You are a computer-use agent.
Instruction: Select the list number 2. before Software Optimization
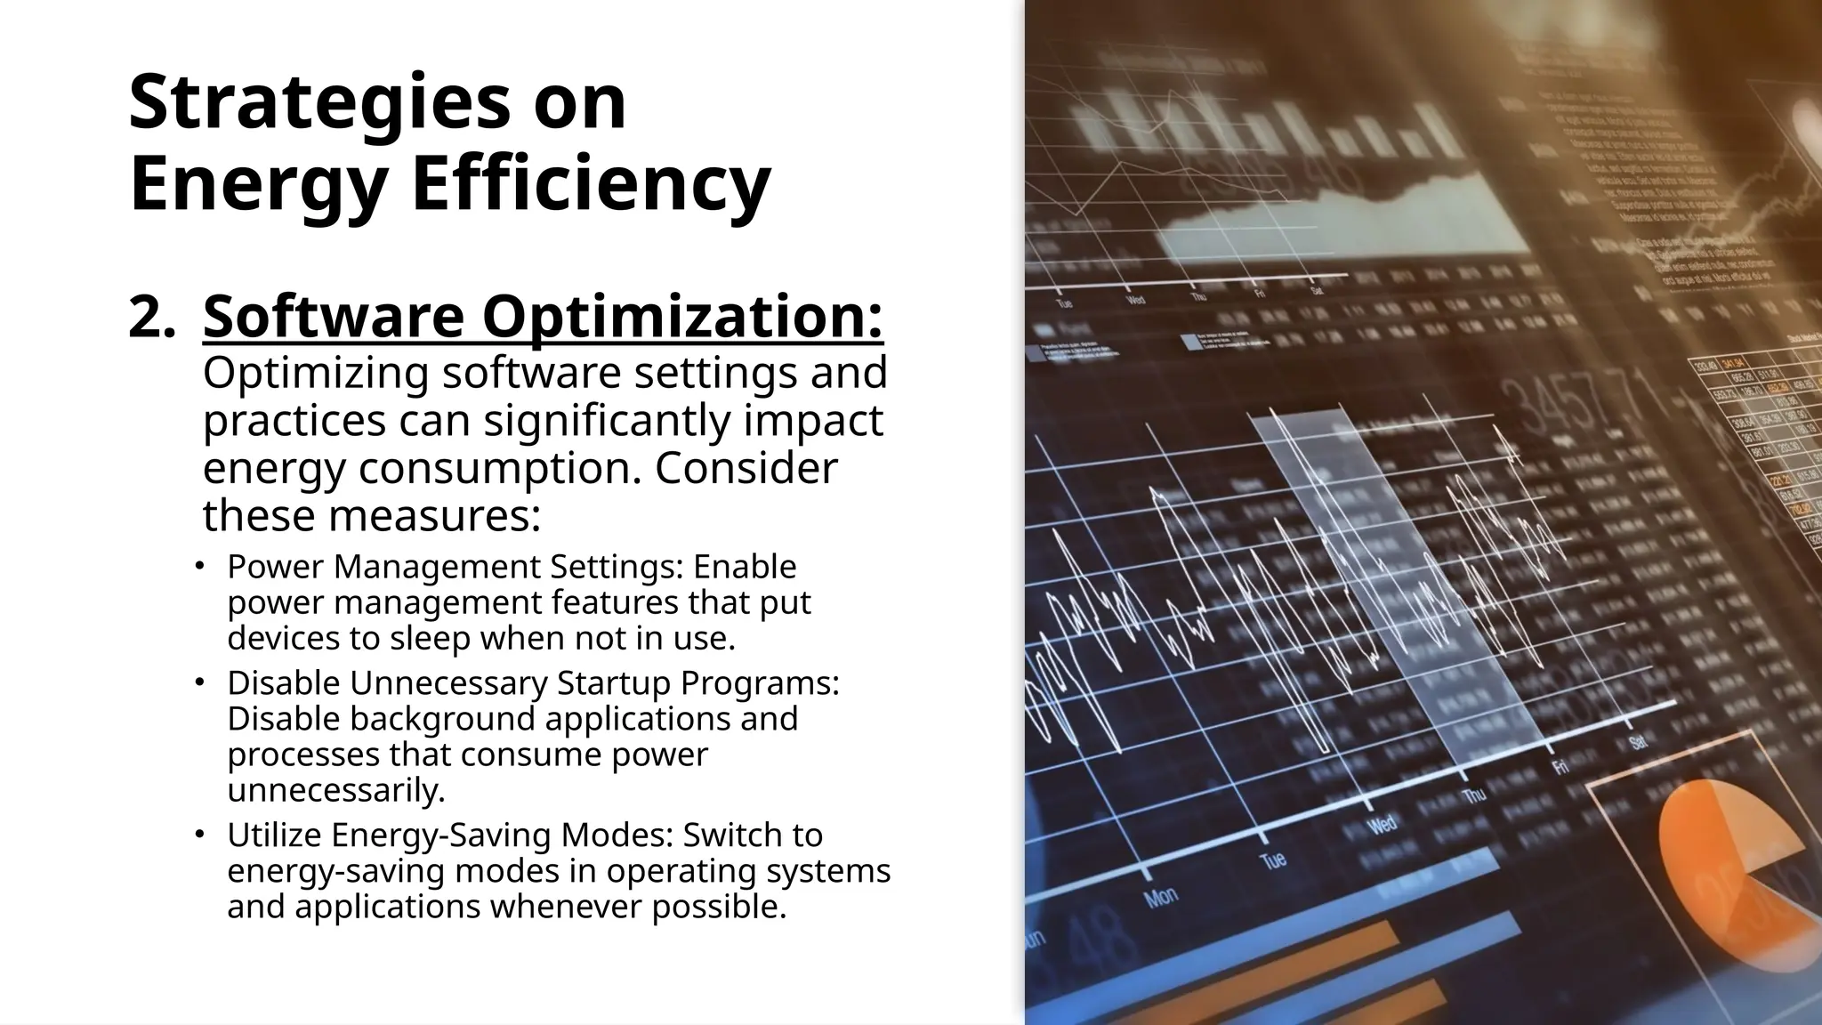tap(151, 317)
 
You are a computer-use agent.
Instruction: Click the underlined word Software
tap(334, 317)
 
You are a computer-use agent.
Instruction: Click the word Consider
tap(746, 468)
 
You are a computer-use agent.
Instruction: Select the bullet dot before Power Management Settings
tap(200, 566)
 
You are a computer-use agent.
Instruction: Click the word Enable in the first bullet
tap(745, 567)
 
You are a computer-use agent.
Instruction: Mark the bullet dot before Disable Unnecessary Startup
tap(200, 682)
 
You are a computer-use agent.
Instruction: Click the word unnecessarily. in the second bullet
tap(336, 790)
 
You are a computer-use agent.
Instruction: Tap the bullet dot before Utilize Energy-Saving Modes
tap(200, 835)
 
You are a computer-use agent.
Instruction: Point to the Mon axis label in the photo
tap(1161, 898)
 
